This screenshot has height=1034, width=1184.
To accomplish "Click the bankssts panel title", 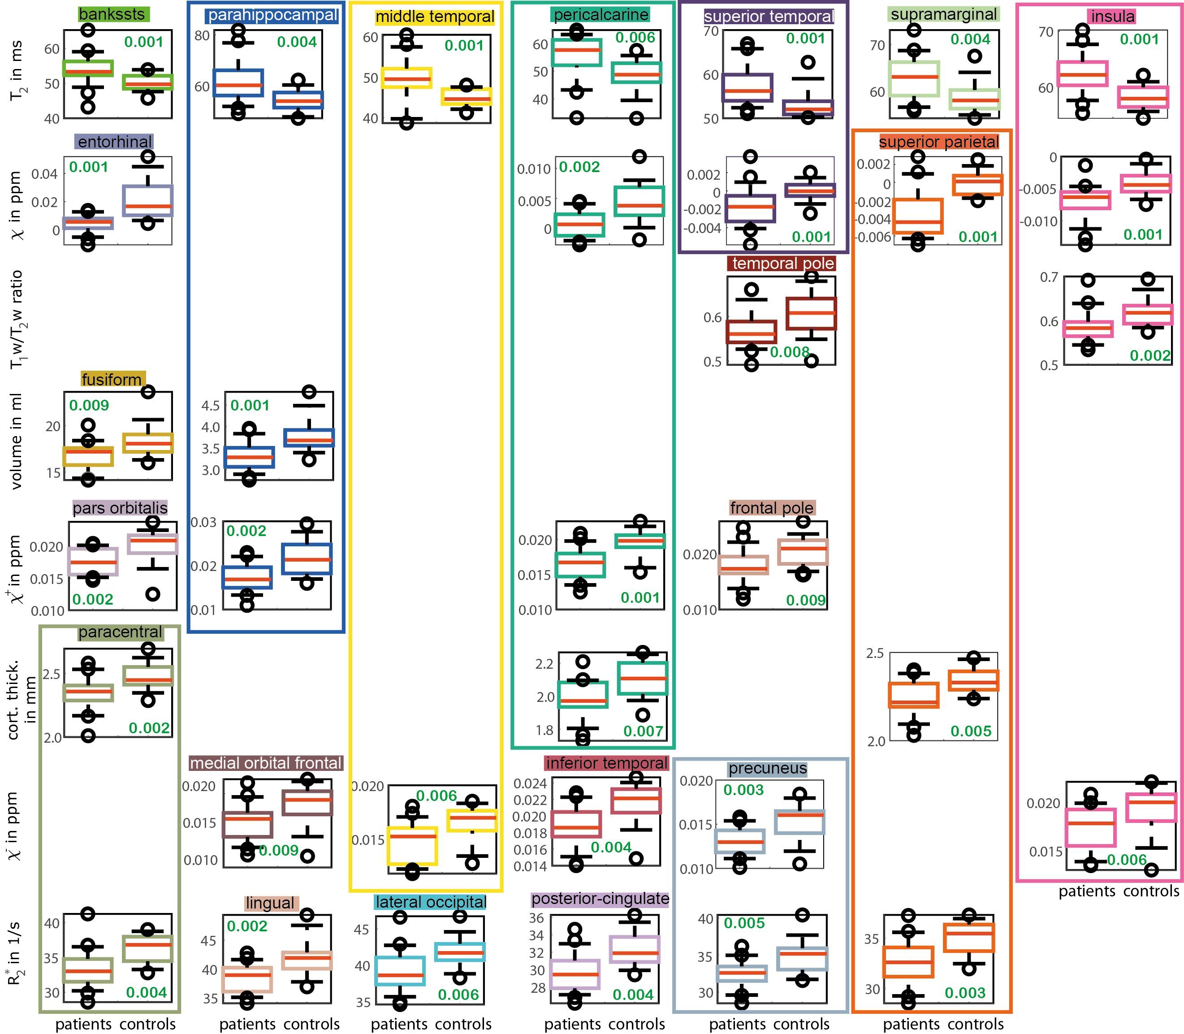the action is pos(114,14).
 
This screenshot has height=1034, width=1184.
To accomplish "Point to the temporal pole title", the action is pos(783,264).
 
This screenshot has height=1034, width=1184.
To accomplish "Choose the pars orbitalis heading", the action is pos(120,508).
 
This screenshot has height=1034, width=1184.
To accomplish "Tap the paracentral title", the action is pos(121,632).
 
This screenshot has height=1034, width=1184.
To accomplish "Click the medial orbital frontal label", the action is pos(267,763).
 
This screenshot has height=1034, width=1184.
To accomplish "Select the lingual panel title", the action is pos(270,903).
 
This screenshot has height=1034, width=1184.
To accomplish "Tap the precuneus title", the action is pos(767,769).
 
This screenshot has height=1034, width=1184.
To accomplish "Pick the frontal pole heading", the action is pos(772,508).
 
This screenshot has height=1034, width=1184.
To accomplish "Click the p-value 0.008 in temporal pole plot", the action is pos(789,352).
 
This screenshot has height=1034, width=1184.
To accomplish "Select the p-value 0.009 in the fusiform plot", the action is pos(89,405).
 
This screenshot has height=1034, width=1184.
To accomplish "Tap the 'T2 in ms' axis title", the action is pos(17,70).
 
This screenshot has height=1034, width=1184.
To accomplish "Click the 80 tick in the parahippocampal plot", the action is pos(202,36).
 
